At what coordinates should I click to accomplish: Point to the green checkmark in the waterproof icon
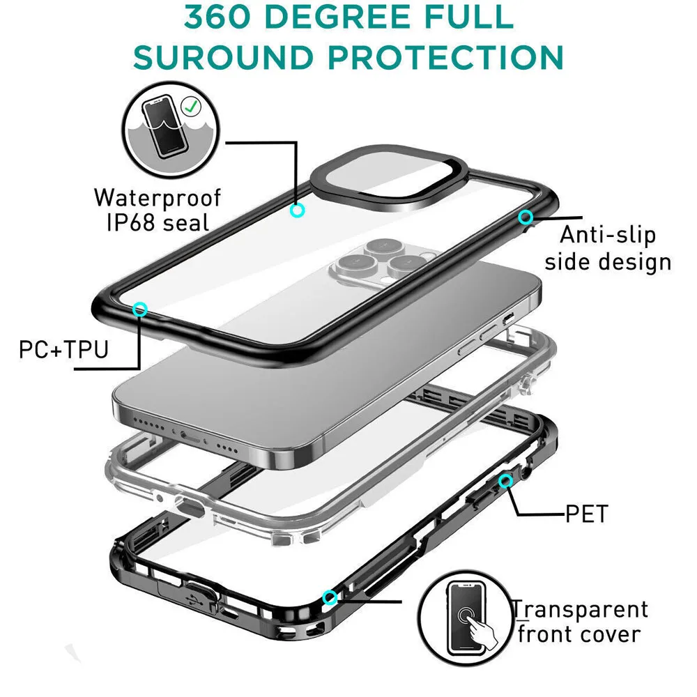click(x=189, y=107)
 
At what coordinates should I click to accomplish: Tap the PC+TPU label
click(x=64, y=348)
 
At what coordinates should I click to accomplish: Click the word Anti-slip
click(x=608, y=234)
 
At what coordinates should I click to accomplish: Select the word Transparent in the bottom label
click(x=581, y=609)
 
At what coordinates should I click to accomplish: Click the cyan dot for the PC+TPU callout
click(x=141, y=308)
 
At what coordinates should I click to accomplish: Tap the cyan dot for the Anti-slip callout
click(x=526, y=217)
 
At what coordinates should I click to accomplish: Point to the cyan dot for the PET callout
click(x=505, y=481)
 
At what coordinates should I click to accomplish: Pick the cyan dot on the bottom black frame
click(x=330, y=597)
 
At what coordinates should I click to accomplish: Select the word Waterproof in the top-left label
click(x=158, y=197)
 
